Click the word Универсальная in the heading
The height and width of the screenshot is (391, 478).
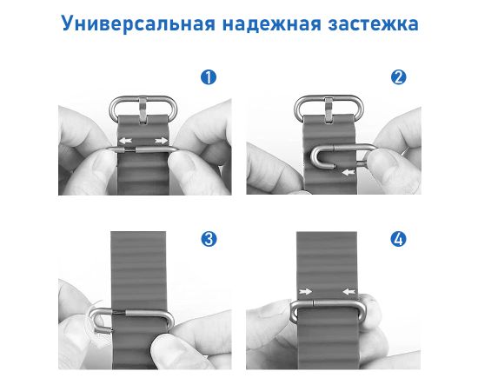(x=138, y=23)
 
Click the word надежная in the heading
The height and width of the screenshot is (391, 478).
(x=272, y=24)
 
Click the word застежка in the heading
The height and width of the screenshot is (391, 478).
(x=373, y=24)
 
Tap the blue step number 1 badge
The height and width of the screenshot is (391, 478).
(x=209, y=77)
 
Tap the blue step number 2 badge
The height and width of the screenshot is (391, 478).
(x=399, y=77)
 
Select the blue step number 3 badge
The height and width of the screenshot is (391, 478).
(x=209, y=239)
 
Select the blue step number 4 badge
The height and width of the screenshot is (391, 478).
(x=398, y=239)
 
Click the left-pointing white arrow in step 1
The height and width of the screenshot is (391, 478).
(x=125, y=141)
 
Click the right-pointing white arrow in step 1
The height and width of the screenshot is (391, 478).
(x=162, y=141)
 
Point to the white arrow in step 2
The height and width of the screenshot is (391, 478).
(x=349, y=173)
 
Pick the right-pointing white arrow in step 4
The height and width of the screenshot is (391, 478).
(x=305, y=292)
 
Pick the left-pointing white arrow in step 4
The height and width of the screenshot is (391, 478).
(x=349, y=292)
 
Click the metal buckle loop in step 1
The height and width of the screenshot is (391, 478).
(x=143, y=98)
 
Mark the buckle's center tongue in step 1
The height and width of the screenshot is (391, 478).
(x=143, y=110)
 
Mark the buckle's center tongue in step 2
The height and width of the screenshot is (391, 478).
(x=329, y=110)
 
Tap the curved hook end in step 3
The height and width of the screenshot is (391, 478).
(x=91, y=320)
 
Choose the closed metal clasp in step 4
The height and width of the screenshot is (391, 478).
(x=328, y=302)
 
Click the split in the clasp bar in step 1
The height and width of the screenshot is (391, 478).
(x=128, y=149)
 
